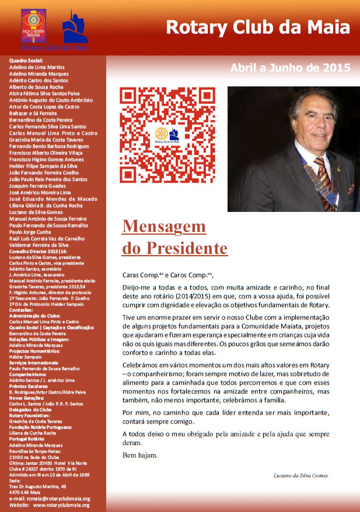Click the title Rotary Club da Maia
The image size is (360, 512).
tap(258, 27)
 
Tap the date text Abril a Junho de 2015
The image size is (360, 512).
tap(290, 67)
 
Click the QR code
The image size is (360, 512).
tap(167, 134)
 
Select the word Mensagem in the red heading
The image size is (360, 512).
tap(164, 227)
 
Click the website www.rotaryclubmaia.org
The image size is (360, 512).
tap(61, 505)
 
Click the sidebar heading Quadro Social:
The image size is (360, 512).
tap(27, 61)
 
